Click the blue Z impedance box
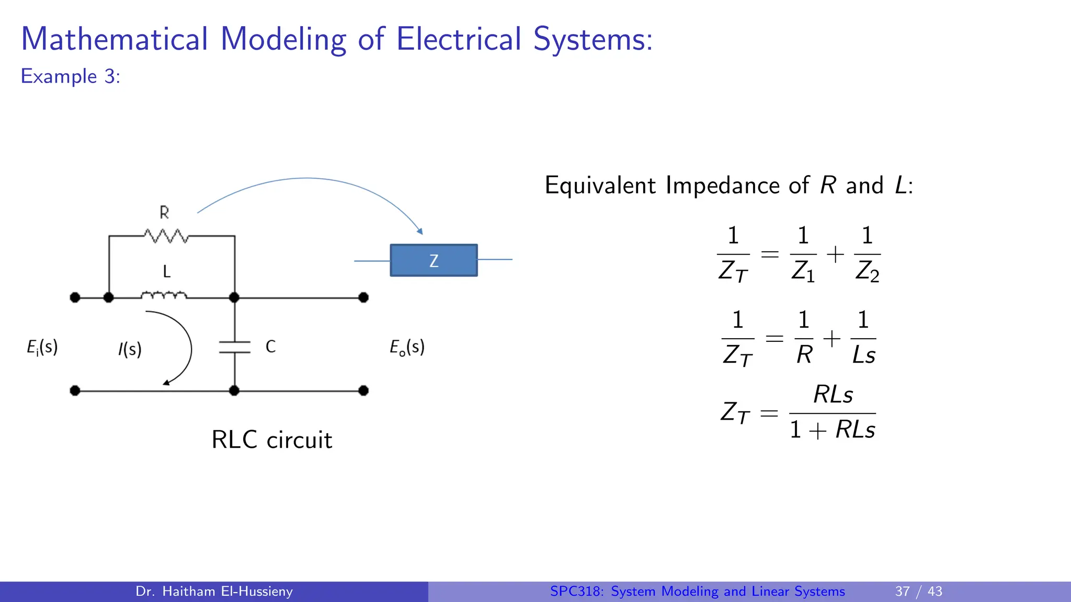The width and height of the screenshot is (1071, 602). click(434, 260)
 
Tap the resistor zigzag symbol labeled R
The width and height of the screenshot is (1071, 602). click(166, 236)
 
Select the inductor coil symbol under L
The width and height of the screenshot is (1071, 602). click(164, 296)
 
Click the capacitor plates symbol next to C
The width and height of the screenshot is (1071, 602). click(235, 348)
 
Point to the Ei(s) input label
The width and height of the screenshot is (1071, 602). click(42, 348)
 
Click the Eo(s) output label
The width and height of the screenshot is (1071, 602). click(407, 348)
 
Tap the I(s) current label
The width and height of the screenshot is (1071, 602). click(130, 349)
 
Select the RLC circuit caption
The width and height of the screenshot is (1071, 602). click(271, 440)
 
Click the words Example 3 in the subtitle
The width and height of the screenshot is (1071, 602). click(70, 76)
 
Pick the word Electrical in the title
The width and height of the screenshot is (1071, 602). click(459, 39)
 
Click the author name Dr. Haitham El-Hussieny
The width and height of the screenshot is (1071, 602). click(214, 591)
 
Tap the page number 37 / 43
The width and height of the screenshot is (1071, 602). click(918, 591)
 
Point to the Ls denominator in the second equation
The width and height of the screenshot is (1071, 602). click(863, 355)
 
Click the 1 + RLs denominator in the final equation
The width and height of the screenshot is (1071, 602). click(832, 430)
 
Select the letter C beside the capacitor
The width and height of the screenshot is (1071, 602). click(270, 346)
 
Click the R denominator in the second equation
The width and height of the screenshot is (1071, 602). click(804, 355)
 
